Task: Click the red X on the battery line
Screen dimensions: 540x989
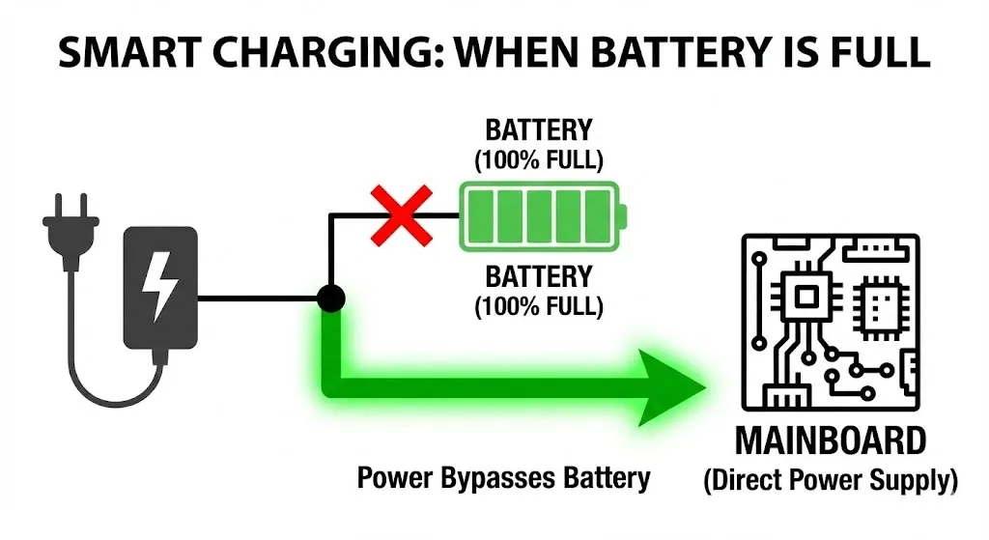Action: (x=399, y=215)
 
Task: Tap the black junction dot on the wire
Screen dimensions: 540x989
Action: (x=331, y=298)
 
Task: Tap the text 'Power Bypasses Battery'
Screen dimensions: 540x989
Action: (x=503, y=476)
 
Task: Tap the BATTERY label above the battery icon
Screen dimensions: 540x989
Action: (x=538, y=130)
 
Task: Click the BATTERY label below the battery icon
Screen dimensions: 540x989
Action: (x=538, y=277)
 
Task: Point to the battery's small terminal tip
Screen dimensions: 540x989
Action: (x=623, y=215)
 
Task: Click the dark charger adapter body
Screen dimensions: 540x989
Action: (x=160, y=287)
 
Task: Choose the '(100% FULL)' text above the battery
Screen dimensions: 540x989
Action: (x=538, y=159)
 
